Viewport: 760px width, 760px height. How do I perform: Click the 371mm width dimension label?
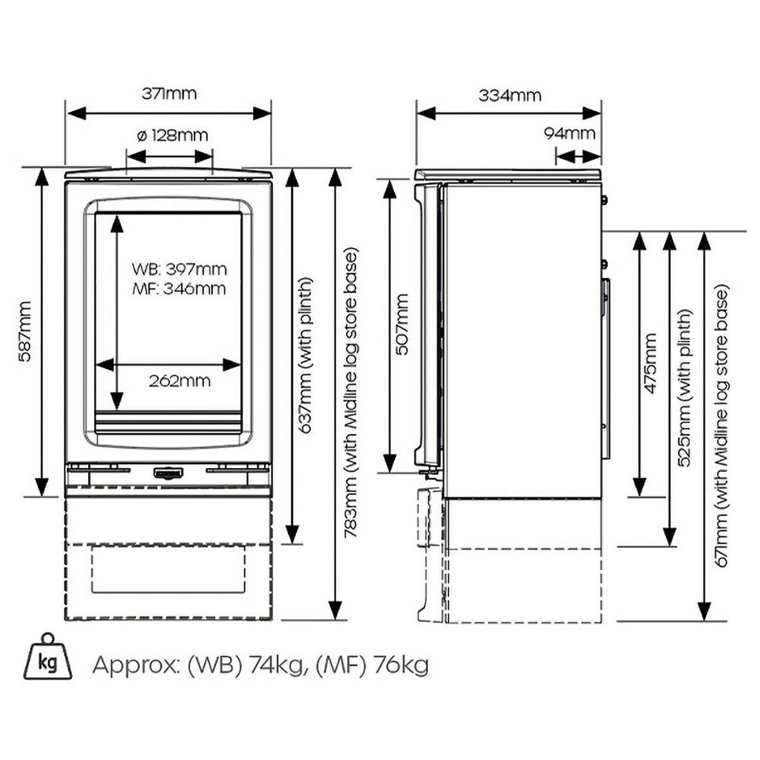[x=168, y=94]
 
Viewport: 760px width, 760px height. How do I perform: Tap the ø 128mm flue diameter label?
[x=172, y=136]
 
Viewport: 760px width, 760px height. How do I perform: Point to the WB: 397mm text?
[x=179, y=269]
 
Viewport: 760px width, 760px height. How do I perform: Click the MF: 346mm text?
[x=179, y=289]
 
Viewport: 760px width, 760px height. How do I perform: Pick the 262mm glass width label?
[x=179, y=381]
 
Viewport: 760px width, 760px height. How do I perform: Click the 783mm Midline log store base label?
[x=351, y=393]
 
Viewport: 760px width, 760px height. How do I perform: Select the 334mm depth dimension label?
[x=509, y=95]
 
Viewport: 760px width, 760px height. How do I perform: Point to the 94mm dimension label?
[x=569, y=134]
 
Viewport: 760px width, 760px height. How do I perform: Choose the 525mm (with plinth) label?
[x=686, y=388]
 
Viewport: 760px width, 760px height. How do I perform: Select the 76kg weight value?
[x=402, y=665]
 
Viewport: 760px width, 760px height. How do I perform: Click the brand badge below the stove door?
[x=168, y=472]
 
